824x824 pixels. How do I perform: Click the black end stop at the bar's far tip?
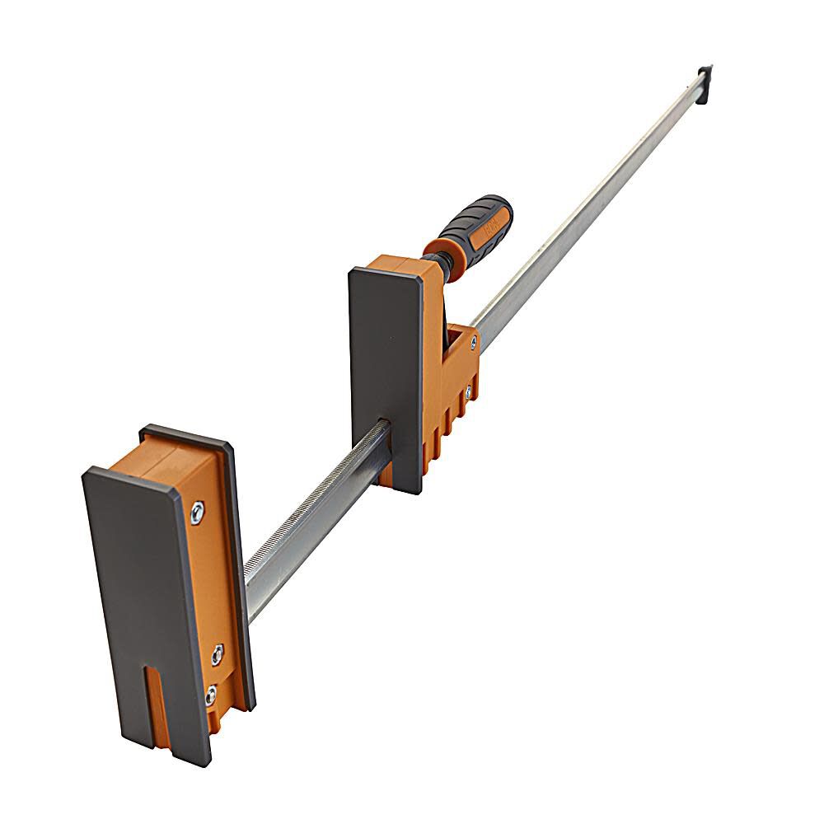tap(703, 83)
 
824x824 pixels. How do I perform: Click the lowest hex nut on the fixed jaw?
tap(210, 695)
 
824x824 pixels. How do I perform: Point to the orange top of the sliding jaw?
tap(404, 268)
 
